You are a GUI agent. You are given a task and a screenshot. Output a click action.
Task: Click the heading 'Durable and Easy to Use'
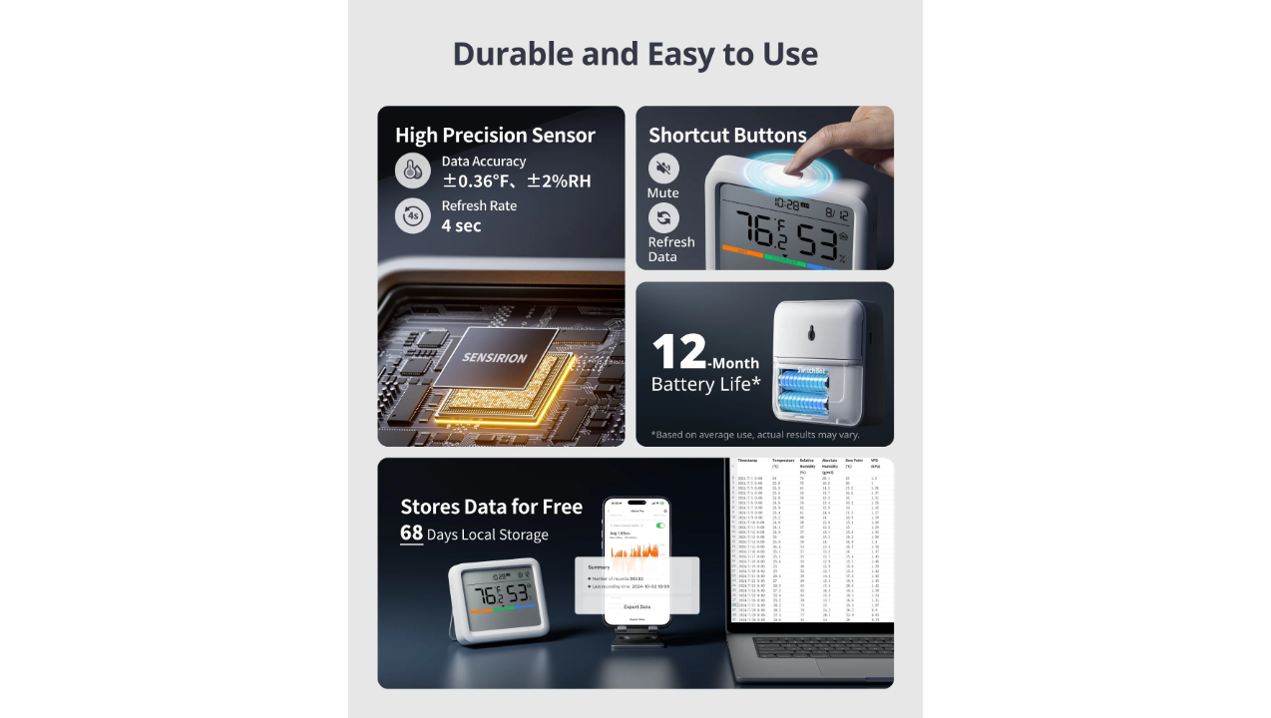635,54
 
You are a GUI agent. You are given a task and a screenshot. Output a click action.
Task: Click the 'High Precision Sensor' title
495,136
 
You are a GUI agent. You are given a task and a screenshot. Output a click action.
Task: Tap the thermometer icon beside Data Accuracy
412,171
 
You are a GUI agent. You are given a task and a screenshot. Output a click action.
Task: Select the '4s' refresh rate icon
412,215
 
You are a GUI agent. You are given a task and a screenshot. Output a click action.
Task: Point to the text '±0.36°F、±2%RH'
516,180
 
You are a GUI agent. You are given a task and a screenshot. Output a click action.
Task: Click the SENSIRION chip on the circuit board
496,358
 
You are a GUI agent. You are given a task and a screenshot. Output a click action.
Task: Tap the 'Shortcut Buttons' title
727,136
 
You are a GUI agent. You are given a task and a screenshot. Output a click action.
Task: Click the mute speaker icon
663,168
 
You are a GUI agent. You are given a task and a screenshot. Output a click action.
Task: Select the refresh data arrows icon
663,218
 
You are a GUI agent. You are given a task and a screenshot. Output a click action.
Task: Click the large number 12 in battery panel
679,353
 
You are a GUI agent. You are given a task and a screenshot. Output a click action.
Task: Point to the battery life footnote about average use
755,435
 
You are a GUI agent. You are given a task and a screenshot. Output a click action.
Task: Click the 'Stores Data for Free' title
491,507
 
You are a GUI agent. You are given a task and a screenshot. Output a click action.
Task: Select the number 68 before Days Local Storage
411,534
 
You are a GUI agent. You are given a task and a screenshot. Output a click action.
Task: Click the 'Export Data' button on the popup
636,606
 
